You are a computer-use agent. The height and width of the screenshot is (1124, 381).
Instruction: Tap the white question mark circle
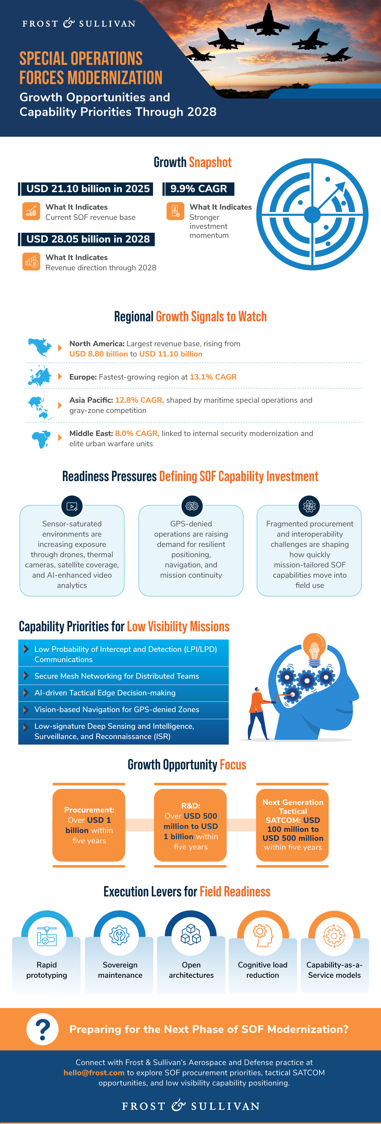point(42,1029)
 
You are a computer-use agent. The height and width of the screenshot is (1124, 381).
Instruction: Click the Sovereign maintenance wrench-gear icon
point(119,935)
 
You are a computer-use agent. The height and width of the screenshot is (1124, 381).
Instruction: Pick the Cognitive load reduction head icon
point(263,935)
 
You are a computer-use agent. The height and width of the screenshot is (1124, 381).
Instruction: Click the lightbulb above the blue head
point(314,650)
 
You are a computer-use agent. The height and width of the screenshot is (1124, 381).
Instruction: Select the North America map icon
point(40,347)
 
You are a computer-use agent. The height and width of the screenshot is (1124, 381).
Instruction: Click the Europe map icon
point(40,376)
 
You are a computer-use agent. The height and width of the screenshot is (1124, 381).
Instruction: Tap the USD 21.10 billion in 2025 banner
point(86,189)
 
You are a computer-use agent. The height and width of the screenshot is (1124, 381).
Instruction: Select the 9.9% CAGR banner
point(198,189)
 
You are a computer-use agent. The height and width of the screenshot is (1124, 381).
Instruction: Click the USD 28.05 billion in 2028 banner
point(86,239)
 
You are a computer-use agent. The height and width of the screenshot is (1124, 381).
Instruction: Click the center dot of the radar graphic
point(312,214)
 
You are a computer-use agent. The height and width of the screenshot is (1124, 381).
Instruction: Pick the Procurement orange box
point(89,825)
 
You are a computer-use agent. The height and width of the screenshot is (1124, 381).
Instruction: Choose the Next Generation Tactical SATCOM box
point(292,825)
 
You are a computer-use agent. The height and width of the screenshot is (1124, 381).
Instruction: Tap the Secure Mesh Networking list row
point(124,676)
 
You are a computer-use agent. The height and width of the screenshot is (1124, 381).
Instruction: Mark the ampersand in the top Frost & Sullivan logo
point(69,23)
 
